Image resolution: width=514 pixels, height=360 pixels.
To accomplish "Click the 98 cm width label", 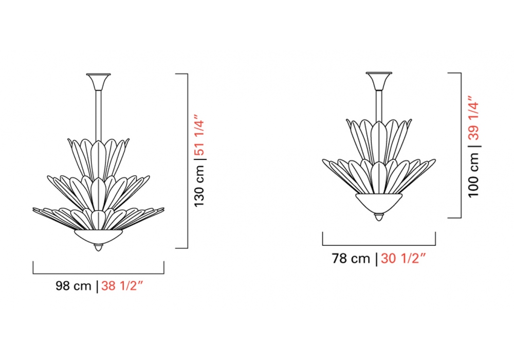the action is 74,285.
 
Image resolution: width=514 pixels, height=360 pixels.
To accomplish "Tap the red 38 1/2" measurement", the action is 122,285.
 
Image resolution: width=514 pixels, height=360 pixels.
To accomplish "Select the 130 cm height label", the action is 199,186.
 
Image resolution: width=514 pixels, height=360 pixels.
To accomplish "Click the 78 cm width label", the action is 351,258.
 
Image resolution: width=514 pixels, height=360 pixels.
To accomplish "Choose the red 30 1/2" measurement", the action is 403,258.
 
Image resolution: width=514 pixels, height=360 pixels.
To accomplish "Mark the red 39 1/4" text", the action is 474,118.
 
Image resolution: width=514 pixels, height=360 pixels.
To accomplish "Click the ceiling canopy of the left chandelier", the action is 98,82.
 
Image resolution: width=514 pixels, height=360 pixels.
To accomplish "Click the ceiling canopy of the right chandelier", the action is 379,81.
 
